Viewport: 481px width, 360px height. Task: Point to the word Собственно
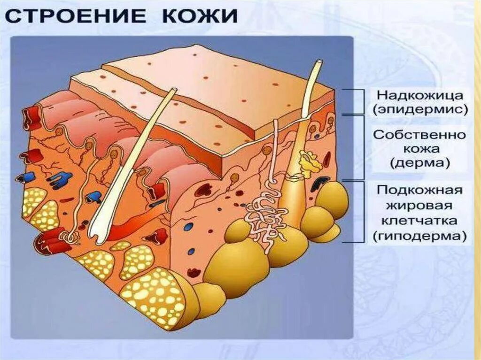419,135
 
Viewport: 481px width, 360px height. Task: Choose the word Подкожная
419,191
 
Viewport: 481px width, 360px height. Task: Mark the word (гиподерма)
419,236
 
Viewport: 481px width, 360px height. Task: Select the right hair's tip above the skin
319,63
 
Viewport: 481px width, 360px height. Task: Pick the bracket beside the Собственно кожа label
361,148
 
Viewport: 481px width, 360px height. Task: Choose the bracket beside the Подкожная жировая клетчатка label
361,211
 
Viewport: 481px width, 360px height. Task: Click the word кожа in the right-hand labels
419,149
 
